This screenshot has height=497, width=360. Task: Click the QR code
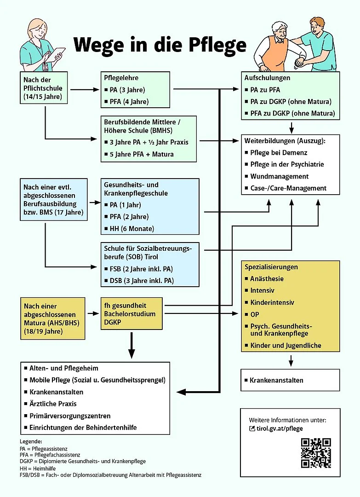[316, 453]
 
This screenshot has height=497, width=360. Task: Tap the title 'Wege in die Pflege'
[160, 45]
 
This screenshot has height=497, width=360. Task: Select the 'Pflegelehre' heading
[121, 78]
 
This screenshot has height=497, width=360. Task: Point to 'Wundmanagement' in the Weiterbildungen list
[279, 176]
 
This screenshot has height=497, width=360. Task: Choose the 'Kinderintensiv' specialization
[272, 302]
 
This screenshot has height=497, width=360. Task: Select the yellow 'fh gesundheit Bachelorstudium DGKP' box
[131, 313]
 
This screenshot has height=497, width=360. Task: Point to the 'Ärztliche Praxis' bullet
[53, 404]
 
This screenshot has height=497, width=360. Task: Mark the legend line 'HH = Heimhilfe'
[38, 468]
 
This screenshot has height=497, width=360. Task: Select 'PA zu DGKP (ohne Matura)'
[291, 102]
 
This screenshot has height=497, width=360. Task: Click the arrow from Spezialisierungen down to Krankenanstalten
[291, 360]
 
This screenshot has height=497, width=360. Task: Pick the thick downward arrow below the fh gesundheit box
[131, 345]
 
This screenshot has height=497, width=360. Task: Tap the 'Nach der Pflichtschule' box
[44, 88]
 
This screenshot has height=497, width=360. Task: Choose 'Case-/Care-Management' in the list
[288, 188]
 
